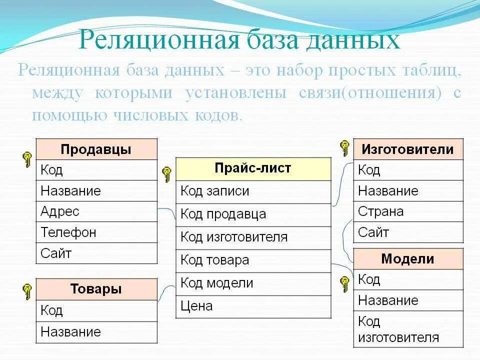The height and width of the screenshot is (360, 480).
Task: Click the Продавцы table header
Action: [96, 149]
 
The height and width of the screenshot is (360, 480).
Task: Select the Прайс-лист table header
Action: [253, 168]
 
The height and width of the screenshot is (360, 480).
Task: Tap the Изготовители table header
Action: [408, 149]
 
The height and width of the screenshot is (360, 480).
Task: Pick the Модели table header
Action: [408, 259]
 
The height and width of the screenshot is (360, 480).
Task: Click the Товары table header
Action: [96, 289]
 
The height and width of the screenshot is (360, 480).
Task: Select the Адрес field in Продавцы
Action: [96, 211]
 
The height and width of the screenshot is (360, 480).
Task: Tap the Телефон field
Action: [96, 232]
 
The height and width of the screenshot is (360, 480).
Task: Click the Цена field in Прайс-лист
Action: [253, 306]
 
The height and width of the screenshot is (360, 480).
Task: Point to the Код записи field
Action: [253, 191]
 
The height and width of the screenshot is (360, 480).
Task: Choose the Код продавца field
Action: [253, 214]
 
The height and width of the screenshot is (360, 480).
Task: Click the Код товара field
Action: [253, 260]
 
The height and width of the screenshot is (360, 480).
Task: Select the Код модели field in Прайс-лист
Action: [253, 283]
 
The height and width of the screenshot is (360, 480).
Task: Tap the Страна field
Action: [408, 211]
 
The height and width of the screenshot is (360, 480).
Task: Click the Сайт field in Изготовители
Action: [408, 232]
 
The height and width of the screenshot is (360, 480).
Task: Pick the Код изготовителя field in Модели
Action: [408, 329]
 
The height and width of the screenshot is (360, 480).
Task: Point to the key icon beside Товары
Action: [27, 290]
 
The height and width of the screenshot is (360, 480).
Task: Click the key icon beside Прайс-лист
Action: [167, 174]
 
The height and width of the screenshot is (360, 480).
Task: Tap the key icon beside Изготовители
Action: [344, 147]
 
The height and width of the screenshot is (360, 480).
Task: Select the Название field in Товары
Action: [96, 332]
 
